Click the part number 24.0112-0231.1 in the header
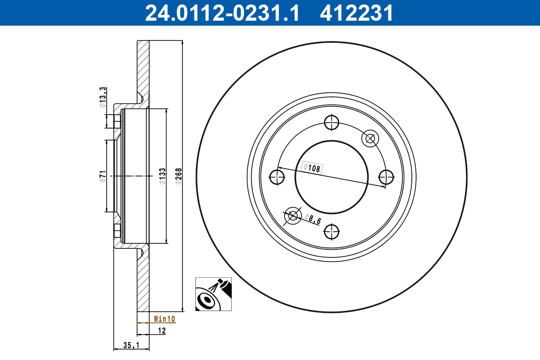221,13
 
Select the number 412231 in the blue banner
356,13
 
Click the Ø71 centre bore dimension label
103,176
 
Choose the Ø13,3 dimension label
103,97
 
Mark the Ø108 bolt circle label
312,168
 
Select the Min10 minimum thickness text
164,319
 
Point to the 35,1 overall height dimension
130,345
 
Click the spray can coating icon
213,294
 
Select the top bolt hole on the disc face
332,121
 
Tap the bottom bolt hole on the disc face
332,232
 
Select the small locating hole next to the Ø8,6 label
293,216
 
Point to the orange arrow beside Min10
143,323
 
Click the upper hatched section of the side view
143,67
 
